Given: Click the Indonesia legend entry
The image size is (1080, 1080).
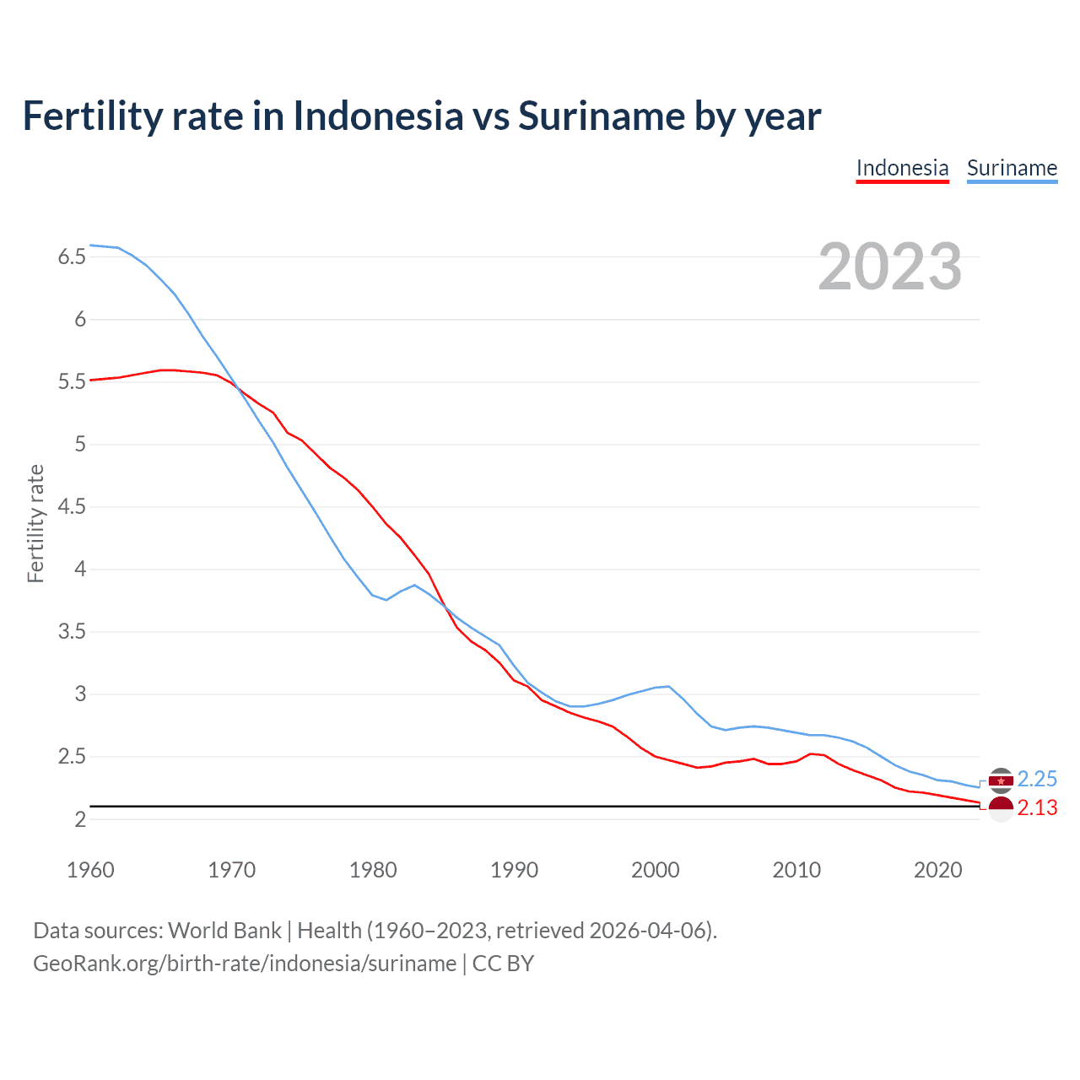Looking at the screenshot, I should tap(902, 168).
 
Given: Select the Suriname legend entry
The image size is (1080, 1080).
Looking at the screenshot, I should tap(1012, 168).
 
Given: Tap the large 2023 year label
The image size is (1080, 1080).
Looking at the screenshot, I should tap(889, 267).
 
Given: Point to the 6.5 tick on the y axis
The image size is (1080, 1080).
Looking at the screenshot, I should tap(73, 257).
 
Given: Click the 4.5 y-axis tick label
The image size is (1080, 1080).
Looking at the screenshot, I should tap(73, 507).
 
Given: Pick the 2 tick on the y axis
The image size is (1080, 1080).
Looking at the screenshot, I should tap(80, 819).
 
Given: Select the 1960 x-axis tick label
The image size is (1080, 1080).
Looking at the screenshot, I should tap(90, 870).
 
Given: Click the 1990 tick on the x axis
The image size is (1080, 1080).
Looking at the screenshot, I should tap(514, 870).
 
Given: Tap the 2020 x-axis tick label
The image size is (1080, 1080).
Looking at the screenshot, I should tap(937, 870).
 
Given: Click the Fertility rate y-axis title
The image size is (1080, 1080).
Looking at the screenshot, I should tap(35, 523).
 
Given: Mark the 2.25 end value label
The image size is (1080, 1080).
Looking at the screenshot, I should tap(1037, 779).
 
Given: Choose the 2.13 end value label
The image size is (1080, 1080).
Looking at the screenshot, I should tap(1037, 808).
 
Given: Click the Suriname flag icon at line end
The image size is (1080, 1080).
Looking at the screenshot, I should tap(1001, 780).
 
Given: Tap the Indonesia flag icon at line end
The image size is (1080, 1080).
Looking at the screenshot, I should tap(1001, 808).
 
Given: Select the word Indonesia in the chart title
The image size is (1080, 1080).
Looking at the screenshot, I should tap(378, 116).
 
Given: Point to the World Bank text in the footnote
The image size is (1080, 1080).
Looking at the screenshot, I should tap(224, 931).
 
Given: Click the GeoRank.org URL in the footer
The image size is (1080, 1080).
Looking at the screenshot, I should tap(245, 964).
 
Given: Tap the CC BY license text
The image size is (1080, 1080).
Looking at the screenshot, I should tap(503, 964).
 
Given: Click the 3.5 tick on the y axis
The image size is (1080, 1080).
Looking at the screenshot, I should tap(73, 632).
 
